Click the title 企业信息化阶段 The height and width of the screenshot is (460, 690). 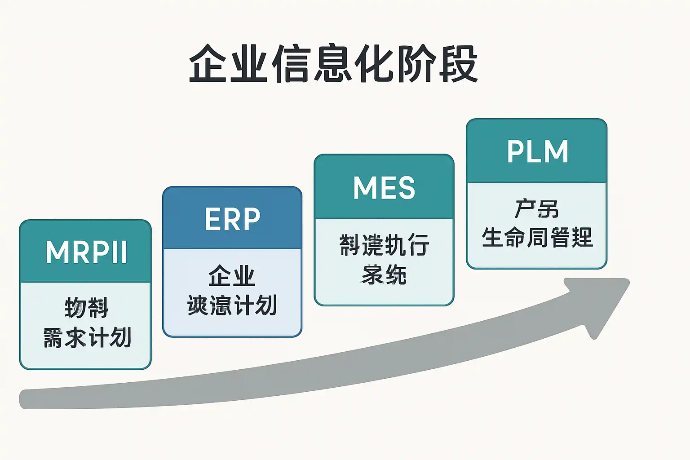click(333, 64)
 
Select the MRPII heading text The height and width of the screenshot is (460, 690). click(86, 252)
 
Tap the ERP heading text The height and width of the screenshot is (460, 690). click(232, 219)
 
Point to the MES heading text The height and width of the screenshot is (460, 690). click(384, 188)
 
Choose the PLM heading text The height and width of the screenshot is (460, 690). click(537, 151)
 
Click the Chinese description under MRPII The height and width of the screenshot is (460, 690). click(86, 323)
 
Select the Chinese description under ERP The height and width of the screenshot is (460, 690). click(232, 291)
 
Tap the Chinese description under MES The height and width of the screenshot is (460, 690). click(384, 260)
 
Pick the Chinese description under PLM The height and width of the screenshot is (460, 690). click(537, 223)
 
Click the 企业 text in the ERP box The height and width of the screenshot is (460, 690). click(232, 276)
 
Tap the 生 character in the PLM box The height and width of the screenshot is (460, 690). click(492, 237)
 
